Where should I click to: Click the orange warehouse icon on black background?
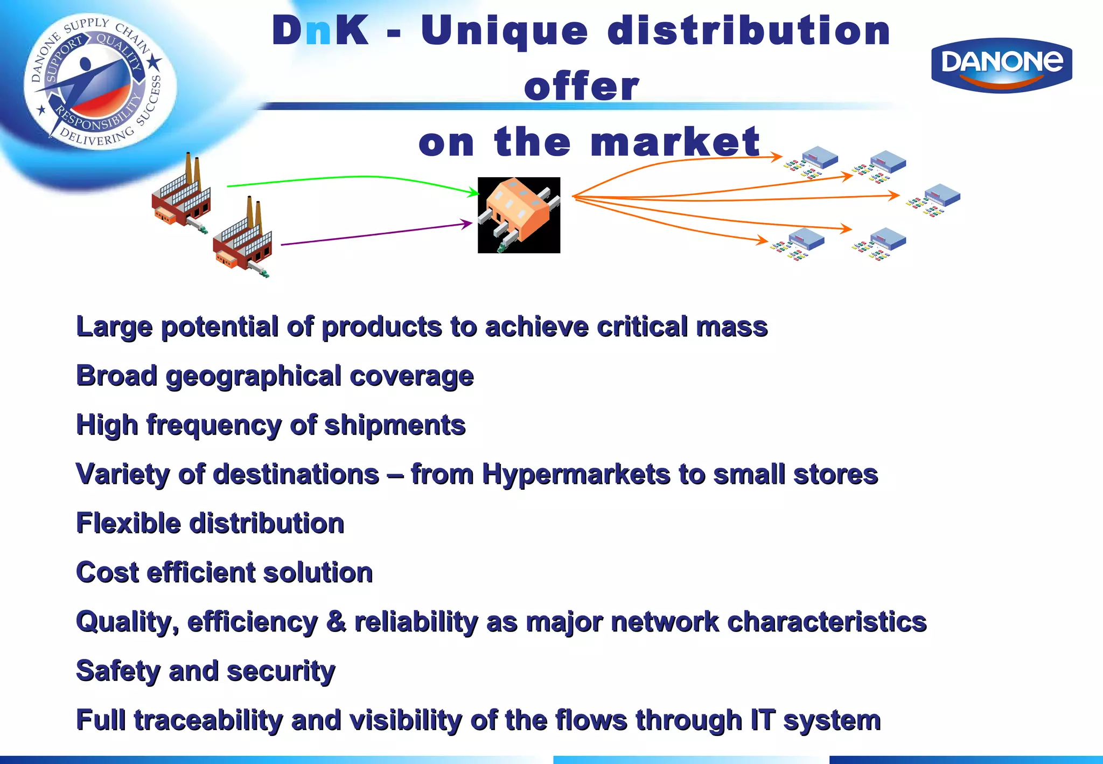(519, 215)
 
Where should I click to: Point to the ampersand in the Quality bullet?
(336, 622)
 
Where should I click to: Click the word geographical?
(253, 376)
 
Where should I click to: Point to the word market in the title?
(674, 142)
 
